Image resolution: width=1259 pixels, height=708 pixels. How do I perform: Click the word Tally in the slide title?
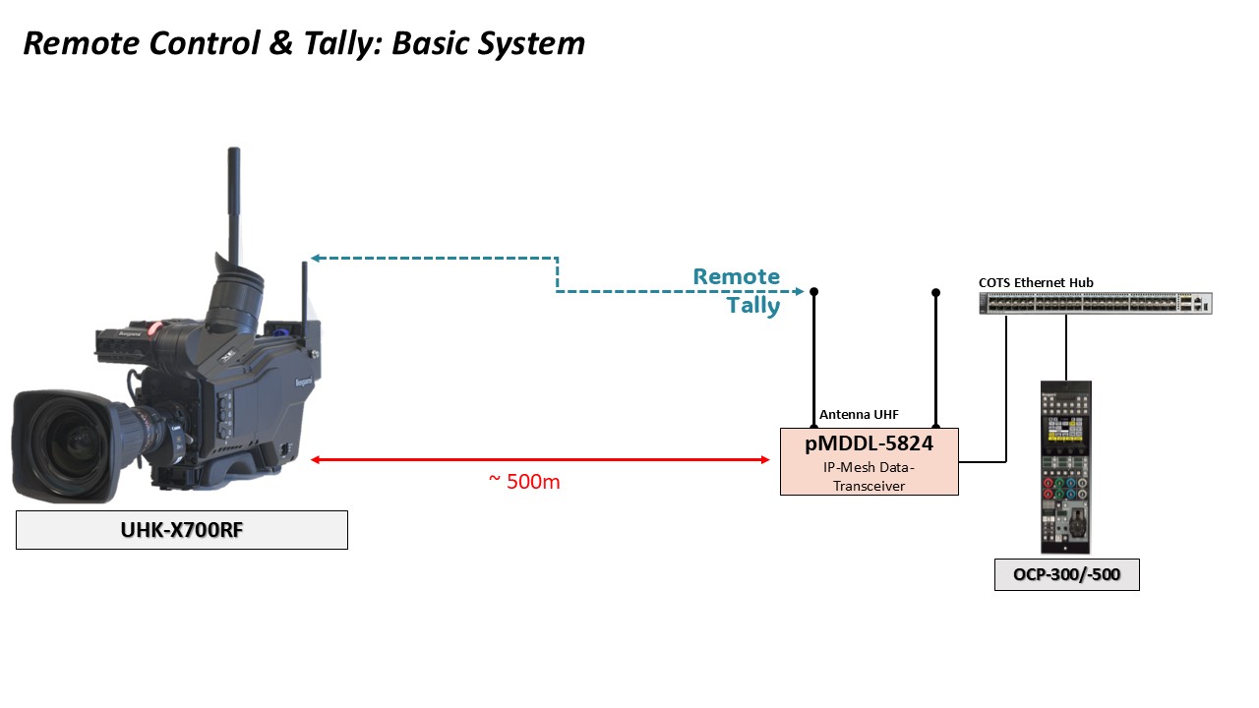click(340, 44)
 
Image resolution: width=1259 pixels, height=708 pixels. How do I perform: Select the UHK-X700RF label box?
click(182, 530)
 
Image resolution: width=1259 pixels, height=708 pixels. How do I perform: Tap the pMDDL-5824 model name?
click(869, 443)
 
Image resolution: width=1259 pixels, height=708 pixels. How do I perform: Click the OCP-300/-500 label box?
click(1067, 574)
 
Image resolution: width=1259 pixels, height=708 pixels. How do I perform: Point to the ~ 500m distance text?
click(524, 482)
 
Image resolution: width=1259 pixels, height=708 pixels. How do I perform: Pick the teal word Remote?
click(737, 276)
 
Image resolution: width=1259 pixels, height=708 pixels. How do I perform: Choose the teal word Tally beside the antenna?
click(753, 306)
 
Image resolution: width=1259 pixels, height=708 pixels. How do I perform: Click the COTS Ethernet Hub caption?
click(1036, 282)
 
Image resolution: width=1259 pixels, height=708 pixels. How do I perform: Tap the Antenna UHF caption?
click(859, 415)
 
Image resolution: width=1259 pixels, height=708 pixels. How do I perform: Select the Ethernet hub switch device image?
click(1096, 304)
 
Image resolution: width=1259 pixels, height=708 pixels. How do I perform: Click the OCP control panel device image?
click(1065, 467)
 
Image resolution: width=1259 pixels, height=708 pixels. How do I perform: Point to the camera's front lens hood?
click(59, 445)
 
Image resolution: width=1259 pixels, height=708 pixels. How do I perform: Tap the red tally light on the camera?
click(155, 328)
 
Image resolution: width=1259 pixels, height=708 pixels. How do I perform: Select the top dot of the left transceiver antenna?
click(813, 291)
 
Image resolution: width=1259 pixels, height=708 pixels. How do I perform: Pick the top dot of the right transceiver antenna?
click(935, 292)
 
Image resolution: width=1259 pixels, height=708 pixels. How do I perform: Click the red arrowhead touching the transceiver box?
click(765, 459)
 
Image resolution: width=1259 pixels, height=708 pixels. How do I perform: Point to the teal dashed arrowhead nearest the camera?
click(316, 258)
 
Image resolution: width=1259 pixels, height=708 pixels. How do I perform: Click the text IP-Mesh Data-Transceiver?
click(869, 477)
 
